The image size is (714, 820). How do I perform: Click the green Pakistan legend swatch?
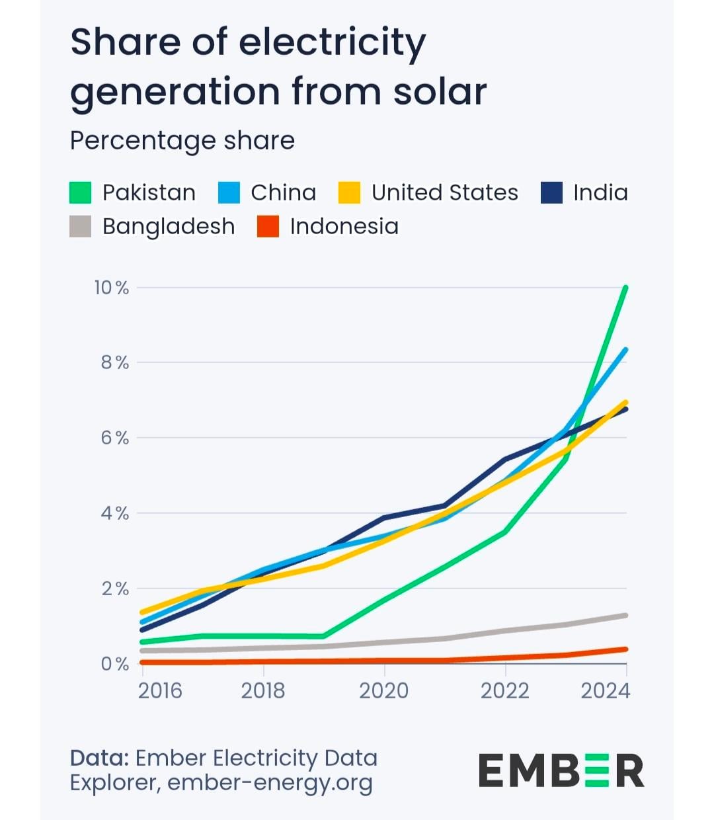pos(81,193)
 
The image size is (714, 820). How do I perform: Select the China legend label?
pos(283,192)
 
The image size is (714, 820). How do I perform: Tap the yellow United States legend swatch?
pos(350,193)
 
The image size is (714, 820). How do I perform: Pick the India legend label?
pos(600,192)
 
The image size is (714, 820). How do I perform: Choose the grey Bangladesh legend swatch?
pos(81,227)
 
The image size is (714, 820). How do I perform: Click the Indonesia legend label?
pos(344,226)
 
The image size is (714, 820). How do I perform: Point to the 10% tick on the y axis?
pos(112,288)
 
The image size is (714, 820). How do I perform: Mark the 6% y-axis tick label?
pos(114,438)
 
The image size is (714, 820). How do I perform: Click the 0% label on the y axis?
pos(114,664)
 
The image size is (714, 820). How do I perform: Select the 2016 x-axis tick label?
pos(160,691)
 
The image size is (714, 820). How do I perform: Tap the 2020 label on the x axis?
pos(383,691)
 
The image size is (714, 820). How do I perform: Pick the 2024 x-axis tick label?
pos(605,691)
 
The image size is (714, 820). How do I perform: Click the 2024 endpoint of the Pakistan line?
pos(625,288)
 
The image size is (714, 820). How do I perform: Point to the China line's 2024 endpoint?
pos(625,349)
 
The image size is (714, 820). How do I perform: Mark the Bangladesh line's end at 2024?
pos(625,616)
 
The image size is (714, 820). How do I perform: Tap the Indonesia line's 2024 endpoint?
pos(625,649)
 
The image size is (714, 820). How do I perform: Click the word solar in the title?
pos(440,91)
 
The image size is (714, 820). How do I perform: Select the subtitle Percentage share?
pos(182,140)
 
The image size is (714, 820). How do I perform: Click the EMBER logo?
pos(561,771)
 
